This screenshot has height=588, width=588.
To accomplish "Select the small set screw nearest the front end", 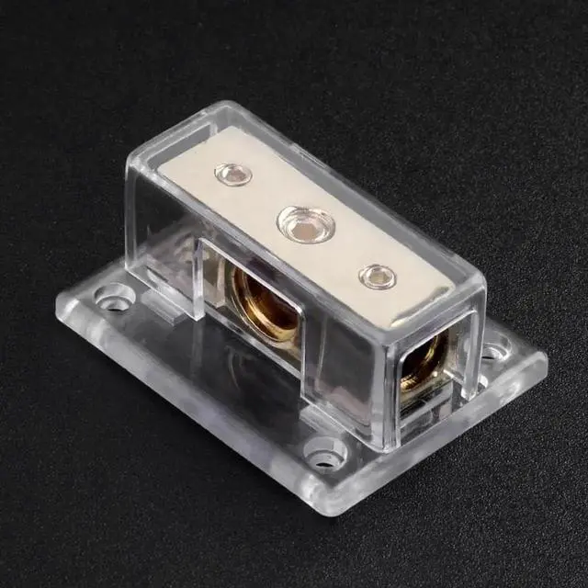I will (374, 275).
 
